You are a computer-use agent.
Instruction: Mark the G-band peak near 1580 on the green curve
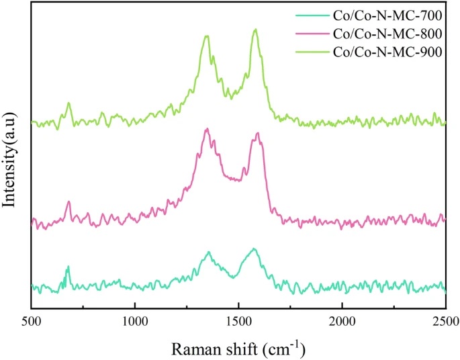[x=255, y=30]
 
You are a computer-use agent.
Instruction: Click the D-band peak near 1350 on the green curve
[x=208, y=36]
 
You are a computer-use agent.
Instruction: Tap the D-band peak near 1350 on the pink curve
[x=208, y=129]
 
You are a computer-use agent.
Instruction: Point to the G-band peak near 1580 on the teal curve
[x=254, y=249]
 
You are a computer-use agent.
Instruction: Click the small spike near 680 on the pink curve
[x=68, y=201]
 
